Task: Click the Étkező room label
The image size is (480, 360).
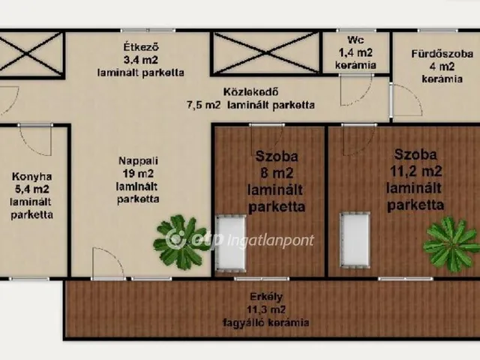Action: click(140, 58)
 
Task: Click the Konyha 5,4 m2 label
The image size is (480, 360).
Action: click(32, 196)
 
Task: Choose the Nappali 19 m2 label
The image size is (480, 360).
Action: click(138, 179)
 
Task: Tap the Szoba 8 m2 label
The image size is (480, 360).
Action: click(276, 181)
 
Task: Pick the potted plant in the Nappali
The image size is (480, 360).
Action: click(181, 241)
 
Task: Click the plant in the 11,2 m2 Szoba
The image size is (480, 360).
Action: click(451, 243)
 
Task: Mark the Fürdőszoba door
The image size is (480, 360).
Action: click(405, 101)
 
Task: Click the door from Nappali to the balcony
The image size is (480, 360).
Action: click(109, 263)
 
